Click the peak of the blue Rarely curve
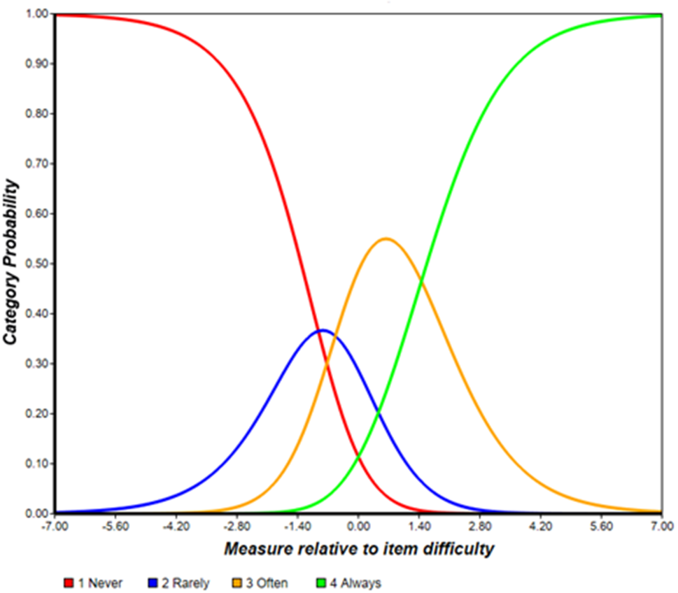point(321,330)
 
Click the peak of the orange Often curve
point(386,238)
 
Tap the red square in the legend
point(69,583)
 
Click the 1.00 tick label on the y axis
point(33,14)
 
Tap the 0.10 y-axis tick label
point(33,464)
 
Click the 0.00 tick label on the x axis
point(358,525)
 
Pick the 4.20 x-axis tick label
point(541,525)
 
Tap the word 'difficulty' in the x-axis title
point(460,549)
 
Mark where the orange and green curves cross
point(421,281)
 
